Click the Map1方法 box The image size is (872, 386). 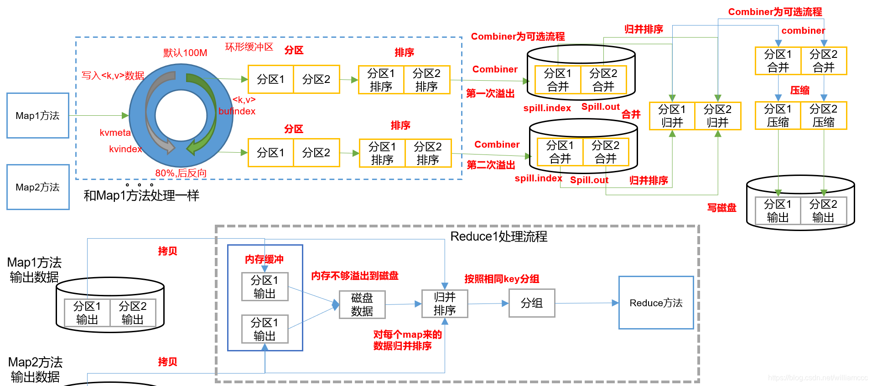coord(38,116)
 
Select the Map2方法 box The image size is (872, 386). coord(38,187)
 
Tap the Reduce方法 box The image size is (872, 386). coord(656,303)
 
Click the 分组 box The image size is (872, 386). coord(532,303)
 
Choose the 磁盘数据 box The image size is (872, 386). coord(362,304)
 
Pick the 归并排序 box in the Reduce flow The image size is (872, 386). coord(445,304)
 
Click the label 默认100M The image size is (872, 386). coord(185,53)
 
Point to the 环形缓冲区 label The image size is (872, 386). coord(249,47)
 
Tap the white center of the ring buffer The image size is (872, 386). coord(181,116)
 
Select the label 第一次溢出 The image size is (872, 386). coord(490,93)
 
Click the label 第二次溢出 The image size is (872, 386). coord(491,165)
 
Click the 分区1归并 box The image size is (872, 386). coord(672,116)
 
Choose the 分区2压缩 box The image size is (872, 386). coord(824,116)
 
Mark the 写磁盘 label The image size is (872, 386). coord(721,208)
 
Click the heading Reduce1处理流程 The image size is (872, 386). coord(498,237)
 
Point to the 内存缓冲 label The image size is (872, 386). coord(264,259)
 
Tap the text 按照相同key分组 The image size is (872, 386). coord(502,279)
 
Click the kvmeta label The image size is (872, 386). coord(115,133)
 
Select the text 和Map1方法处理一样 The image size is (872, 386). coord(141,196)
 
